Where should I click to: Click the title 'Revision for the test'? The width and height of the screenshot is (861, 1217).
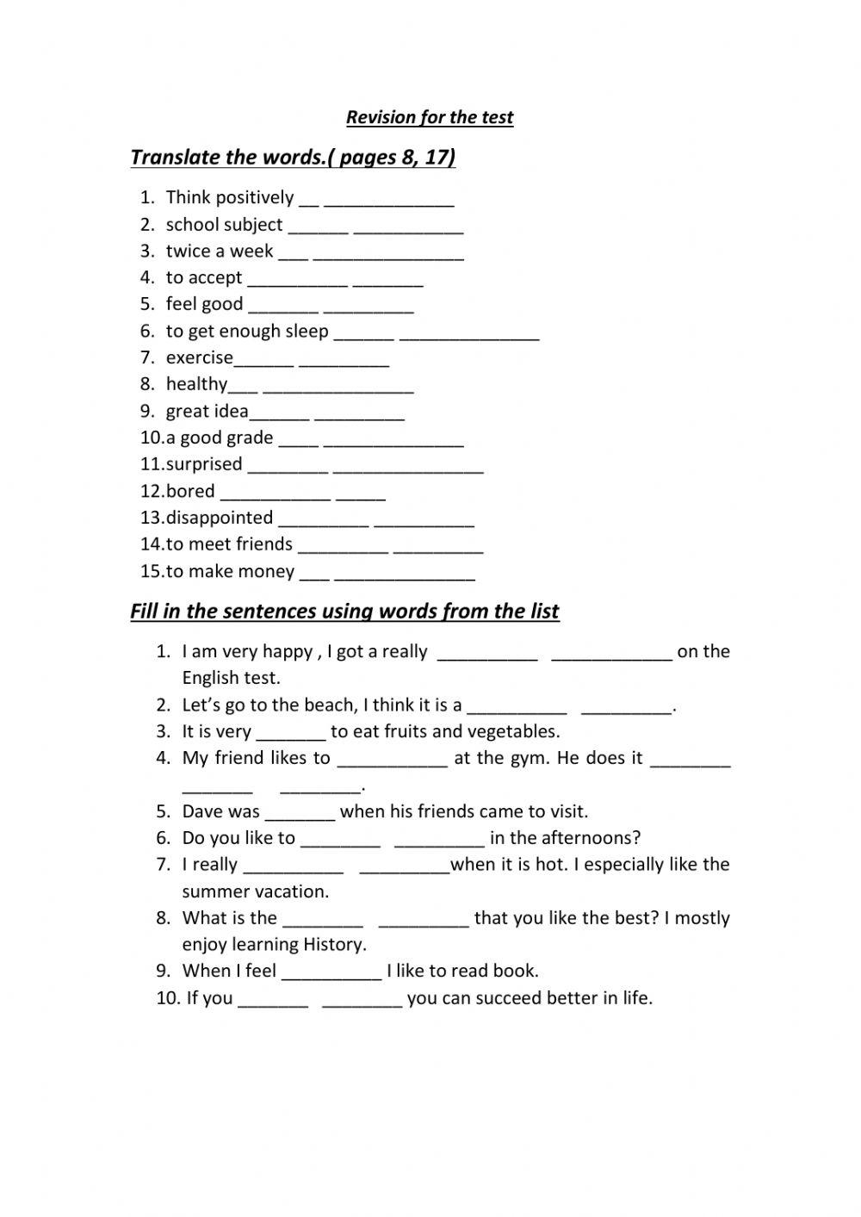[430, 117]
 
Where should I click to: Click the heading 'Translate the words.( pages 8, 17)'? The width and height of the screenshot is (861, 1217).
[293, 157]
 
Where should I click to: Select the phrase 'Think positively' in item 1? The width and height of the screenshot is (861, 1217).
[230, 197]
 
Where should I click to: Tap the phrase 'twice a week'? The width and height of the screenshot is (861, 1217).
[220, 251]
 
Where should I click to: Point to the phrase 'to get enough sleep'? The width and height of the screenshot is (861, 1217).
[247, 331]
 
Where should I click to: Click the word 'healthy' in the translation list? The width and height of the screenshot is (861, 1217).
[196, 384]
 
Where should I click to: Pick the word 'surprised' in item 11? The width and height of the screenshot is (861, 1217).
[204, 464]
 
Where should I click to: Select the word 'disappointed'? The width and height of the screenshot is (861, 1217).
[220, 518]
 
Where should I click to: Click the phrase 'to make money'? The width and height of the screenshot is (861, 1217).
[230, 571]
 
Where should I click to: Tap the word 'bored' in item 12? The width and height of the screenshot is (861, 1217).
[190, 491]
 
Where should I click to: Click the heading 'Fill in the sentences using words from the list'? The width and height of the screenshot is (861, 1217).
[344, 612]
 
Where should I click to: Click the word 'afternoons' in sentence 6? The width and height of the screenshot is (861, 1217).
[595, 838]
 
